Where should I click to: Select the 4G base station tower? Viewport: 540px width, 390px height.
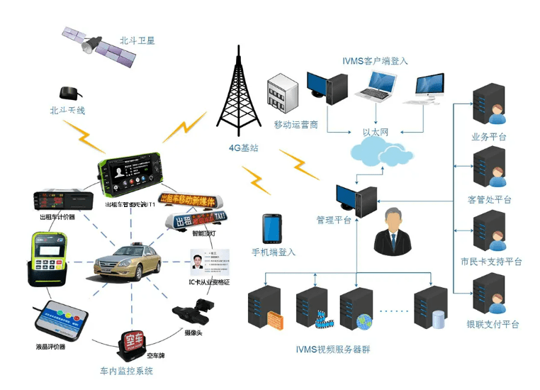tap(239, 89)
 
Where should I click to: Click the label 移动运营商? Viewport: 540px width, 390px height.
tap(296, 125)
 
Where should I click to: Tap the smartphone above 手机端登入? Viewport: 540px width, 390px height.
tap(272, 228)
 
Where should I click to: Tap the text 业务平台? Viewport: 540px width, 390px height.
tap(488, 137)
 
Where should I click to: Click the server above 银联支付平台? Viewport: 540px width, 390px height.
tap(488, 295)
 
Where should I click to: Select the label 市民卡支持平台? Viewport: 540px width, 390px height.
tap(491, 262)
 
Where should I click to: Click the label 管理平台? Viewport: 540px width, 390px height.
tap(334, 220)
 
